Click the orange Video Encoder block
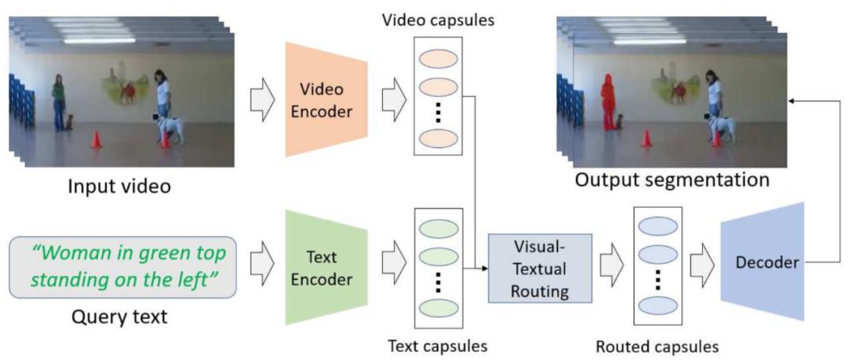coord(321,101)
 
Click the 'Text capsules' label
coord(438,345)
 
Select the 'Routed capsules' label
coord(656,345)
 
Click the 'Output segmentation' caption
coord(672,180)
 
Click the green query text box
coord(122,266)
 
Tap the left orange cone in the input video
coord(96,139)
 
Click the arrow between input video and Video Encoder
coord(261,101)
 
